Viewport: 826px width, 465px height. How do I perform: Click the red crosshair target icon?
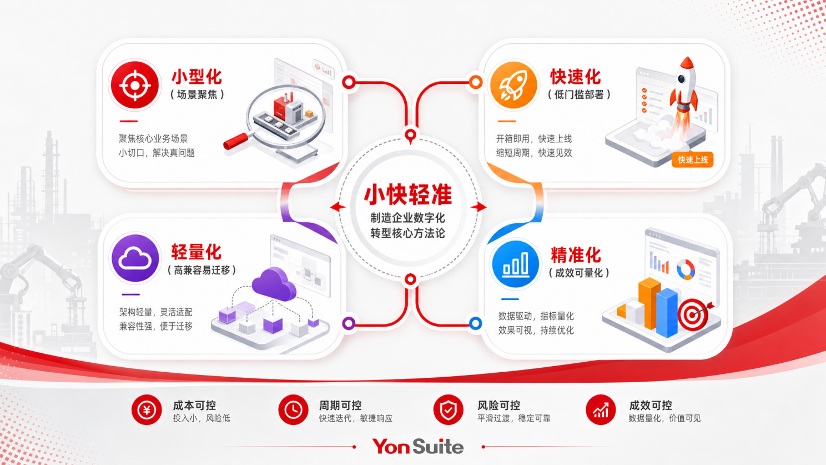134,85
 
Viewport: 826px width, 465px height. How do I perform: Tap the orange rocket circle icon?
513,85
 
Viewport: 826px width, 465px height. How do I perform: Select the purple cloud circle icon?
135,258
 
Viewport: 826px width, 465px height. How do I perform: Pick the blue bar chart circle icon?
515,264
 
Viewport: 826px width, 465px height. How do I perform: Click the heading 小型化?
197,77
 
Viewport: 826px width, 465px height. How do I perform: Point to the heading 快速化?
576,77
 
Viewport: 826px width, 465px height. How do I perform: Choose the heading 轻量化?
196,252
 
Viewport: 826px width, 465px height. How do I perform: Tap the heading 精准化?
576,254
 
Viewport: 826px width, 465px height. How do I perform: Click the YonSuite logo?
418,446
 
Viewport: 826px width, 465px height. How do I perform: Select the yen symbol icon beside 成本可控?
147,409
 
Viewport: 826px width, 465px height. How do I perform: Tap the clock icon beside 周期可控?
293,409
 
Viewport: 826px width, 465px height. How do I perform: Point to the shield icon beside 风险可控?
449,409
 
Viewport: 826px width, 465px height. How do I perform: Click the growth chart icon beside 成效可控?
601,409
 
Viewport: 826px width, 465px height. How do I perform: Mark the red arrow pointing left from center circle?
338,207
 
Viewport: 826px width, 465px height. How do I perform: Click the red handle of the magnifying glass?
236,141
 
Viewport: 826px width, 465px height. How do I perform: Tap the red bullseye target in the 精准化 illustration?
694,314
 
